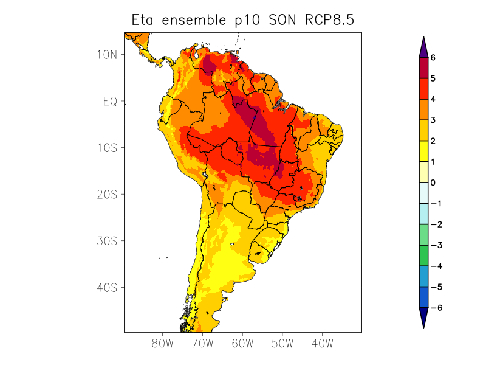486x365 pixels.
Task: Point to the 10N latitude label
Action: click(107, 55)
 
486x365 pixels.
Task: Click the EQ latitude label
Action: click(109, 102)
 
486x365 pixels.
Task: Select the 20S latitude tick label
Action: click(107, 195)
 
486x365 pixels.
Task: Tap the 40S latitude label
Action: click(107, 288)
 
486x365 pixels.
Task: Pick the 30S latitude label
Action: click(107, 241)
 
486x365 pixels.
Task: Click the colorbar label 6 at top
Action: click(433, 58)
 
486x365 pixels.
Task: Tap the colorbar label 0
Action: click(433, 182)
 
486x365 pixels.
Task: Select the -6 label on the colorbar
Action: click(436, 308)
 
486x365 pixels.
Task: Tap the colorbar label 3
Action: click(433, 120)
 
